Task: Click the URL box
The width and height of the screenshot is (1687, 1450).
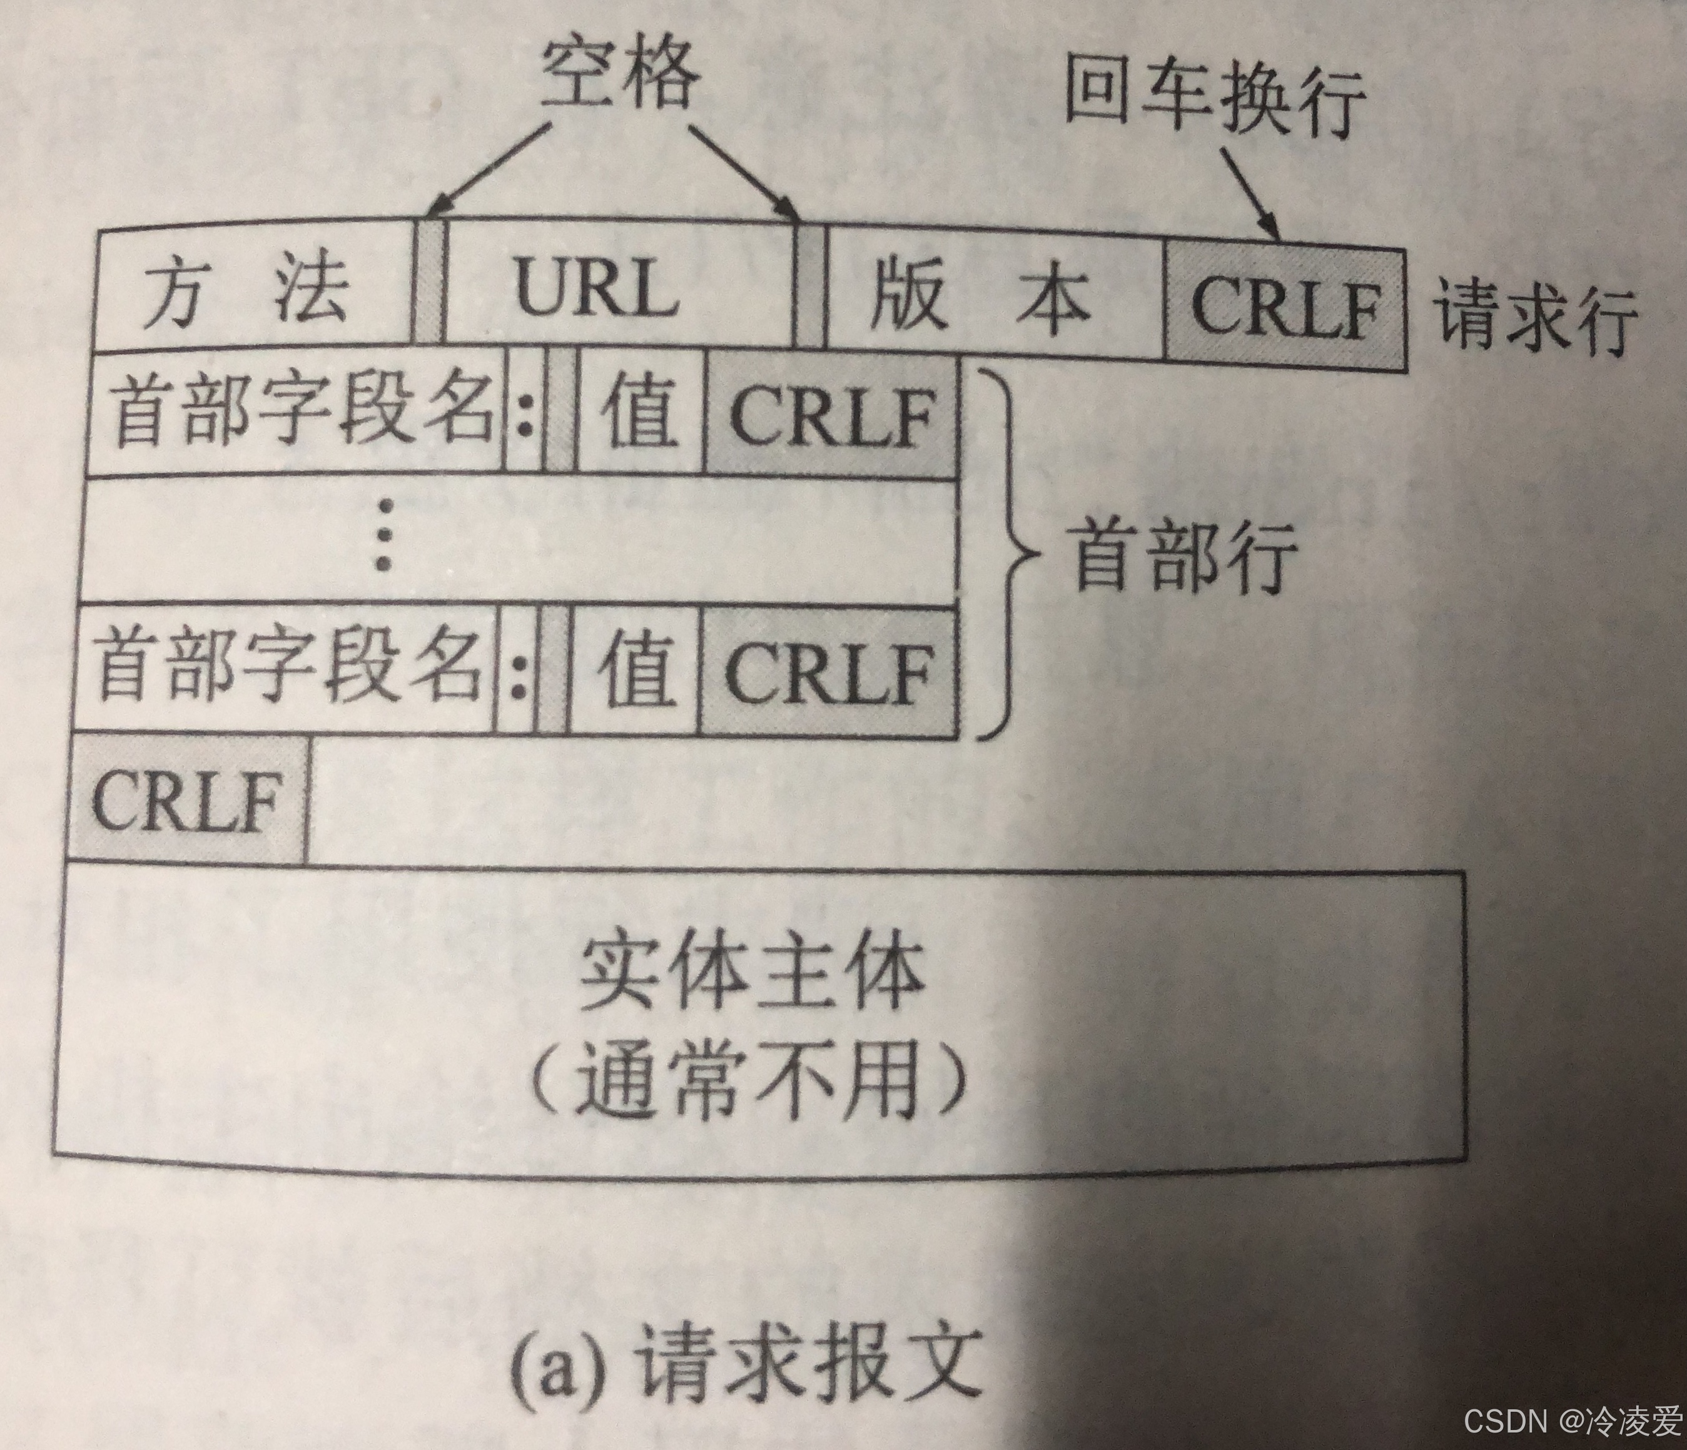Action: (599, 290)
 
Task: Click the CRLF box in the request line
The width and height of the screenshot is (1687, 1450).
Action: (1285, 308)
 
